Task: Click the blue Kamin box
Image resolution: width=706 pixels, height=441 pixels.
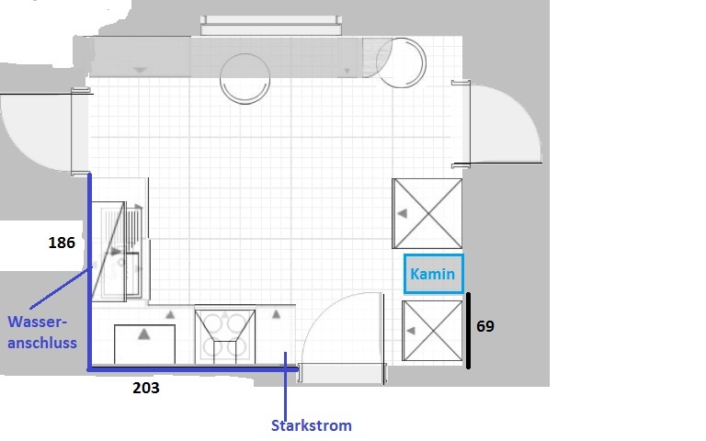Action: [x=434, y=274]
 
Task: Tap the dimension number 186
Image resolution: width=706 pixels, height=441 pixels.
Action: [x=62, y=243]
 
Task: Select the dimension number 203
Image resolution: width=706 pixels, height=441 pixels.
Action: [x=146, y=388]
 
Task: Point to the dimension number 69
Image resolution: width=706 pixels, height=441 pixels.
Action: [x=485, y=326]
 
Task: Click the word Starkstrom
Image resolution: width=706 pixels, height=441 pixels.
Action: [x=311, y=425]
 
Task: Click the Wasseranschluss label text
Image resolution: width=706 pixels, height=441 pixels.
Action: [x=42, y=332]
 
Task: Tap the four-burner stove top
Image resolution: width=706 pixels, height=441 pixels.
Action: [x=225, y=336]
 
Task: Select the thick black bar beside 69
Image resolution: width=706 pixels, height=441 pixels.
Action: [x=468, y=331]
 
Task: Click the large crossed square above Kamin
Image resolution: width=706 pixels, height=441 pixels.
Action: [x=427, y=213]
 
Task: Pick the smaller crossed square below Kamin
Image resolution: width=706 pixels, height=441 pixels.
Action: [x=432, y=331]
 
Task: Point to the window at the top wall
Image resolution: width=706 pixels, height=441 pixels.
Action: [x=271, y=26]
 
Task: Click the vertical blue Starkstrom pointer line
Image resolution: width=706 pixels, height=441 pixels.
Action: [x=285, y=386]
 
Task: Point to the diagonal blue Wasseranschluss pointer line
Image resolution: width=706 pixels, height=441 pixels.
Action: [x=61, y=288]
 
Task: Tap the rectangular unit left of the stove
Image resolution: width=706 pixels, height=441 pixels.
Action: [x=144, y=344]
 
